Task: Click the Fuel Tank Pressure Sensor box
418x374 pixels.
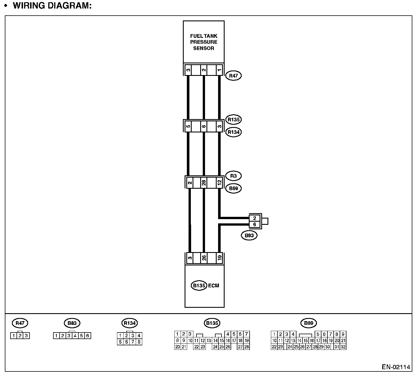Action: coord(204,42)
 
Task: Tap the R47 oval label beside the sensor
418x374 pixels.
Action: coord(233,76)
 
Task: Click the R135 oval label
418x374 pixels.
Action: coord(233,120)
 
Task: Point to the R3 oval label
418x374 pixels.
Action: coord(233,176)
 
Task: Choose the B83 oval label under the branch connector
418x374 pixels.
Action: coord(249,235)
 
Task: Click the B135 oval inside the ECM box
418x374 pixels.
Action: coord(199,286)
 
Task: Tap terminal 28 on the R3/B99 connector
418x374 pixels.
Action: coord(204,182)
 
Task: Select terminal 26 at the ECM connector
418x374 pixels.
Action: coord(204,258)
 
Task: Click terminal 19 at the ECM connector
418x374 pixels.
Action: coord(219,258)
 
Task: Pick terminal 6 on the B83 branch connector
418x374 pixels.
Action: coord(255,225)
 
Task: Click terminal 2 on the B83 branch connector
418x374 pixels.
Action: coord(255,218)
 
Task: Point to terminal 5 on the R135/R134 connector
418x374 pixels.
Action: coord(188,126)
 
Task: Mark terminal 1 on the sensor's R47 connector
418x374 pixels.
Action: coord(219,70)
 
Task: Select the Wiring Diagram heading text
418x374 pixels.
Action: coord(52,6)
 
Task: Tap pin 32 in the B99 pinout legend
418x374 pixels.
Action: coord(343,347)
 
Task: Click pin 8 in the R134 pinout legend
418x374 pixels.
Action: coord(139,342)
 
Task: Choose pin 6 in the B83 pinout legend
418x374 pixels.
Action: coord(87,336)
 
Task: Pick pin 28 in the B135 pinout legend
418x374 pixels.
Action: coord(246,347)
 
